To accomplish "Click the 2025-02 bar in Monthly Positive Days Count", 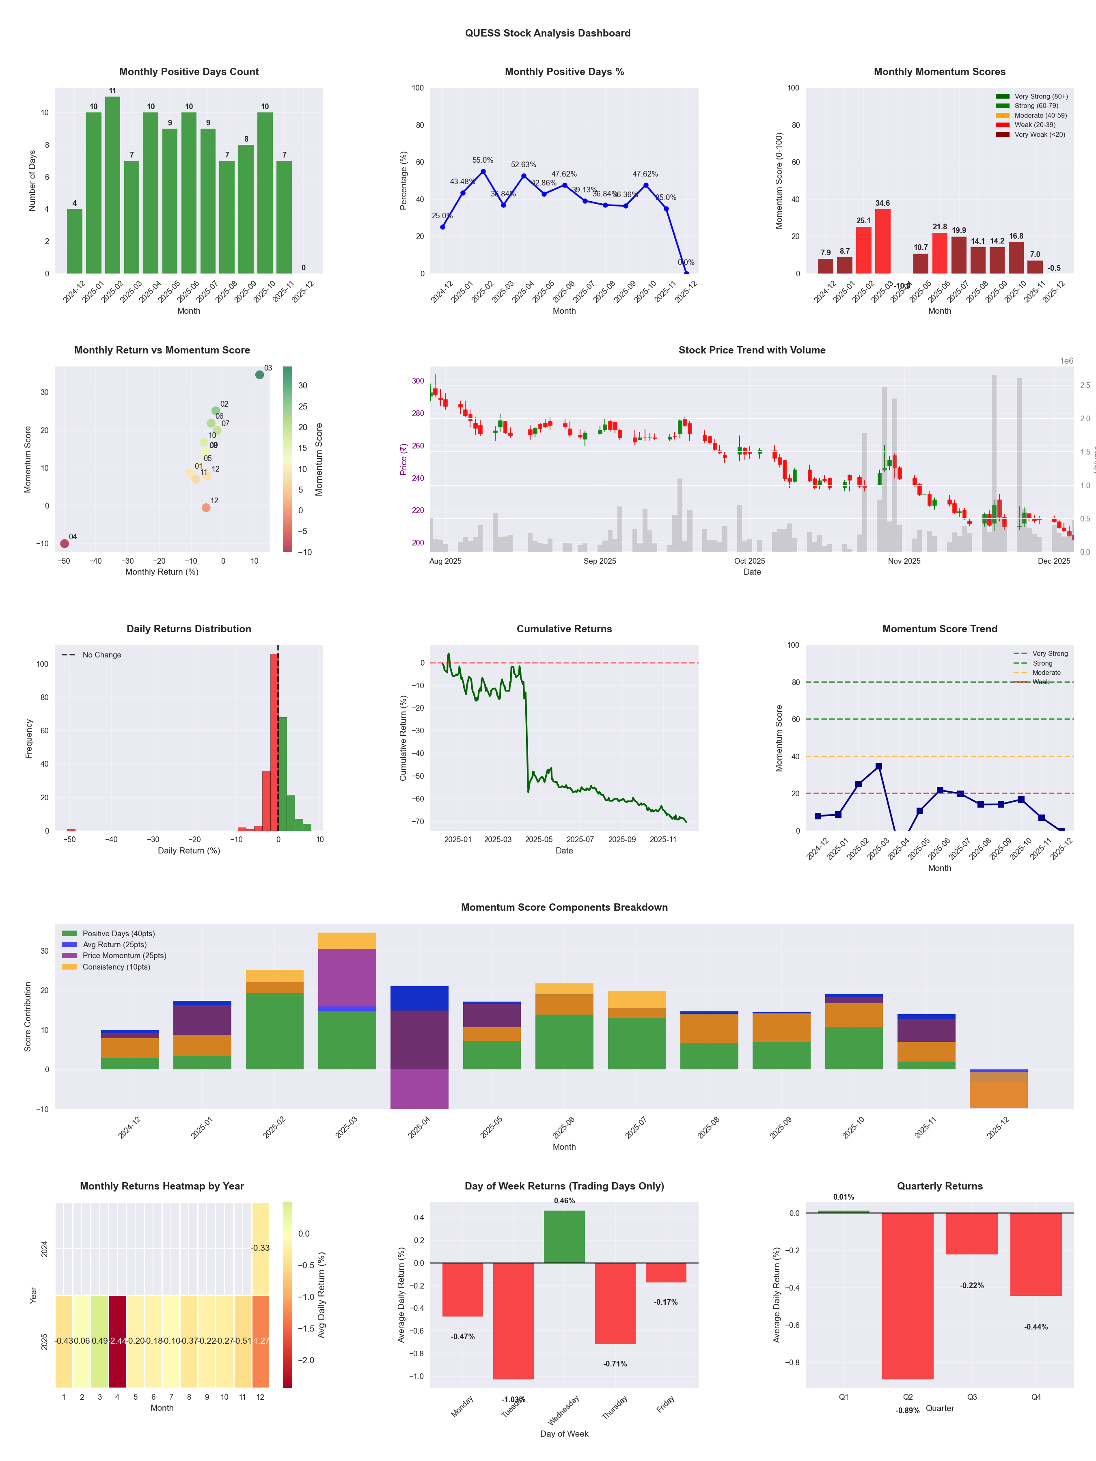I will pos(112,185).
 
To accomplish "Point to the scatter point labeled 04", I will pos(64,543).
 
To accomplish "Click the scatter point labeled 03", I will pos(260,375).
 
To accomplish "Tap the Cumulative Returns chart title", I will pos(564,629).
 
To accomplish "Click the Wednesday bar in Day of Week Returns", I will pos(564,1237).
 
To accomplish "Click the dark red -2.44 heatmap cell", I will pos(118,1341).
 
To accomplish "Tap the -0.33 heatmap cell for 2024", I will pos(260,1248).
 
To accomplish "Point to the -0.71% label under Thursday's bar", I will pos(615,1364).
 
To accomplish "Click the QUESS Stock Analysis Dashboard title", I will pos(548,33).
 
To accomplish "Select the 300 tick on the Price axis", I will pos(418,381).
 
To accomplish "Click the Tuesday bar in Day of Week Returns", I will pos(513,1321).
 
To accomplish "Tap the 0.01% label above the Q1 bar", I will pos(844,1197).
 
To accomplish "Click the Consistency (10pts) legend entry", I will pos(116,967).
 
